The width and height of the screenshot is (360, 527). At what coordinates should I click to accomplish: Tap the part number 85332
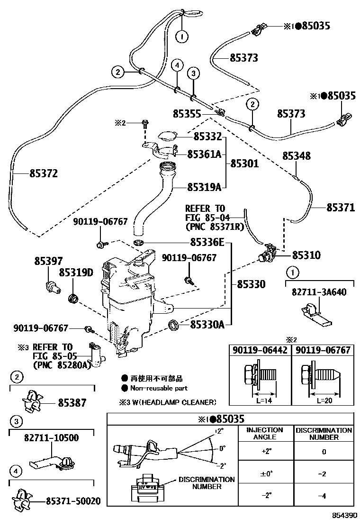coord(207,137)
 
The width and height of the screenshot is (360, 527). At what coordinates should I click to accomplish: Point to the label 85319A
coord(204,187)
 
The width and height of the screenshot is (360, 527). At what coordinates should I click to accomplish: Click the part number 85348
coord(297,156)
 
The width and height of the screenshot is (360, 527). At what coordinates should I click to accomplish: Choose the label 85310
coord(306,255)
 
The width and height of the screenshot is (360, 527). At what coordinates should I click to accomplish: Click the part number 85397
coord(48,261)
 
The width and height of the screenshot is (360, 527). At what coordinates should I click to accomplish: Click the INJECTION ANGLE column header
coord(264,434)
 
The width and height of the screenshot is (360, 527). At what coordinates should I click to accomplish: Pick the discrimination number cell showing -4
coord(324,495)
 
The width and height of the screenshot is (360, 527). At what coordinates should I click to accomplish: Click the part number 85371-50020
coord(73,501)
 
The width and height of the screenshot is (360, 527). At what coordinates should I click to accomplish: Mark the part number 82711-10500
coord(51,438)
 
